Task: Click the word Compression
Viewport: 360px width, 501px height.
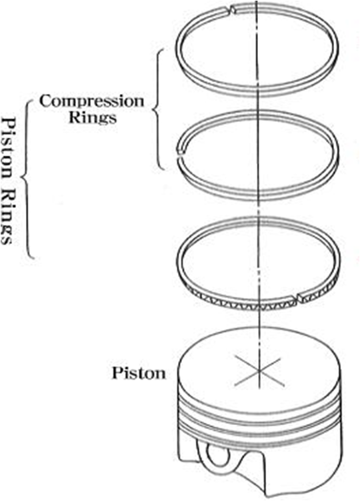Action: (92, 102)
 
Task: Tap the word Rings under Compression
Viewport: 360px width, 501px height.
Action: (93, 117)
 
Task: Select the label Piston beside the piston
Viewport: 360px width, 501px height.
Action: (139, 373)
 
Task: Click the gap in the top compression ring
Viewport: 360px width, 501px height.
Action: (233, 11)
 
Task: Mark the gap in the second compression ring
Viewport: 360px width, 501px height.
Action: (181, 153)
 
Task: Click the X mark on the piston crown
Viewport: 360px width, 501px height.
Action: (259, 371)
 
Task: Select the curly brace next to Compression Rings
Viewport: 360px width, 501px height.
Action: (159, 109)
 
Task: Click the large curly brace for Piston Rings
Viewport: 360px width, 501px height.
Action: (27, 179)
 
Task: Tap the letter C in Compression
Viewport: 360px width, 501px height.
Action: (46, 101)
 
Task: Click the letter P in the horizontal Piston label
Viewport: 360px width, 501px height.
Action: (117, 372)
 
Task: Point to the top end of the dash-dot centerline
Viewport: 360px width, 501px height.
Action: (257, 1)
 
